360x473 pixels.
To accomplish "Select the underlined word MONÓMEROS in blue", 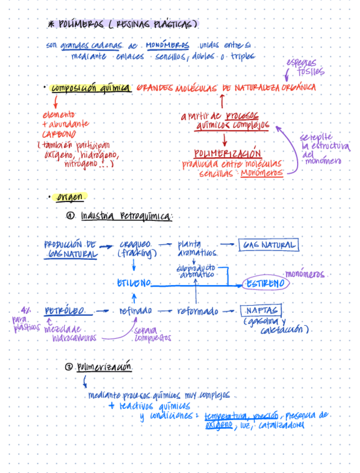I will point(167,45).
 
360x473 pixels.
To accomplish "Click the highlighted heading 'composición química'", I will point(91,88).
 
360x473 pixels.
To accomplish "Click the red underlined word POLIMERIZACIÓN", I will point(227,153).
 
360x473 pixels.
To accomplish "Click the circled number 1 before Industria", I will point(70,216).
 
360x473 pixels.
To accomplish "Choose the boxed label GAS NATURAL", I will point(268,245).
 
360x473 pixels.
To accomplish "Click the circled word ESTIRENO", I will point(266,284).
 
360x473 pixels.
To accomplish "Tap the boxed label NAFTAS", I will point(261,311).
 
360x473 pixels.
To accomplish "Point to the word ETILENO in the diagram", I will point(133,284).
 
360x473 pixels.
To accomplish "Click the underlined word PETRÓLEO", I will point(65,311).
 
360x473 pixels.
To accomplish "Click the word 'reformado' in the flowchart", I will point(197,311).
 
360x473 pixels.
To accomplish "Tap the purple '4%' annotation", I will point(26,310).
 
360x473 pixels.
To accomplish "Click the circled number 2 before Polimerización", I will point(69,367).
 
